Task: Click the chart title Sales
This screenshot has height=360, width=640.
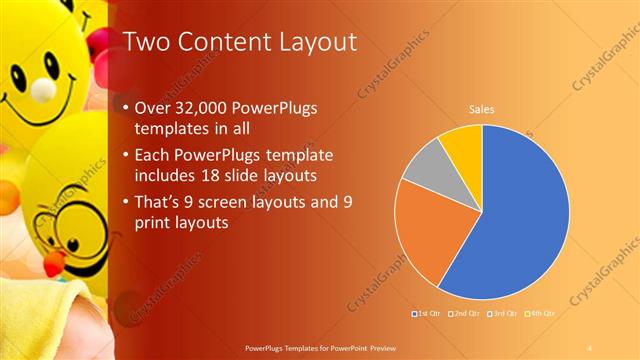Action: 482,109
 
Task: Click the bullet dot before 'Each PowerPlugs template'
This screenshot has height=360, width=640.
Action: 123,157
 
